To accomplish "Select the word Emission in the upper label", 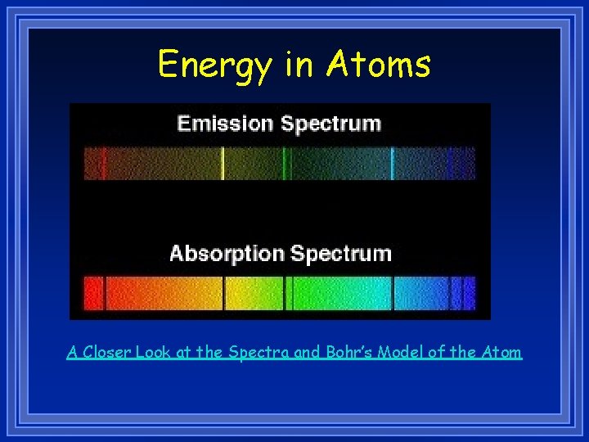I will (x=225, y=124).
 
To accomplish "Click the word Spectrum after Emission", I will (x=330, y=124).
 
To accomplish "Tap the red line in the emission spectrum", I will (x=104, y=163).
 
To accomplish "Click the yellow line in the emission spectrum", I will (x=223, y=163).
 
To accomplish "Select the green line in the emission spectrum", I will (x=285, y=163).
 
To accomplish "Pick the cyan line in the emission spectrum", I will (x=393, y=163).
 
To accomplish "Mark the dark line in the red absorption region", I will (x=104, y=292).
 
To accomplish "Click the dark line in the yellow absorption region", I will (x=223, y=292).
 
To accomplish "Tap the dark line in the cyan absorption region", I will (x=393, y=292).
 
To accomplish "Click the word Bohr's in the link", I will (x=350, y=353).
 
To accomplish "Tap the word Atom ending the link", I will (x=501, y=353).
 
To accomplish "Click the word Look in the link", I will (x=153, y=353).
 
